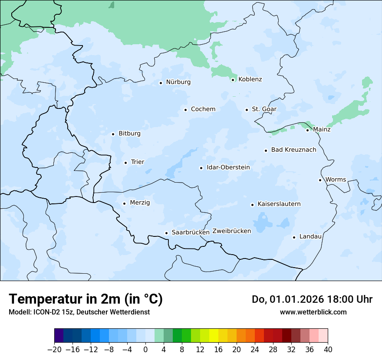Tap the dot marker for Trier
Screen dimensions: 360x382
pos(125,163)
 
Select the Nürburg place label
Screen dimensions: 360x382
pos(178,82)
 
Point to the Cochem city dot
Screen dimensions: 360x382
pos(185,110)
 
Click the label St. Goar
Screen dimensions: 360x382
pos(264,109)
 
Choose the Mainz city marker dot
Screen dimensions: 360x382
pos(307,130)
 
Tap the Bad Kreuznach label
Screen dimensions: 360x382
pos(293,150)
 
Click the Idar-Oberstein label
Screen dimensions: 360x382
pos(228,167)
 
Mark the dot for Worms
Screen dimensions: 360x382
pos(320,180)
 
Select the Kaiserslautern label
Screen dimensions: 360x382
pos(279,204)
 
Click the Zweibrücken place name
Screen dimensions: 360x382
pos(231,231)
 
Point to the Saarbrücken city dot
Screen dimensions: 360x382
pos(166,233)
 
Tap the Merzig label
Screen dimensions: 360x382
pos(140,203)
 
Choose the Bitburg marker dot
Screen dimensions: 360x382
pos(113,134)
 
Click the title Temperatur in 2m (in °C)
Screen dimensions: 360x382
pos(86,299)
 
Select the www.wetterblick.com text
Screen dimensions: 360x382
pos(313,312)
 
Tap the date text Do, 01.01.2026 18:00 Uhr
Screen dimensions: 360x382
pos(312,299)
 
